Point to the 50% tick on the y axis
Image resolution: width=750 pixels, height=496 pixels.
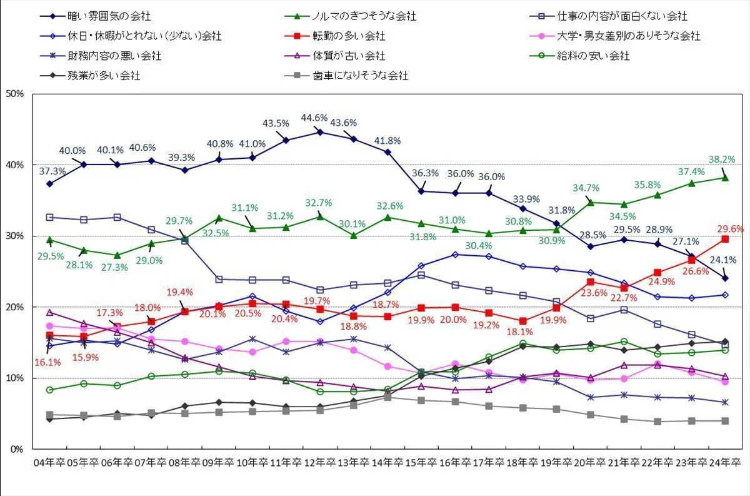coord(14,94)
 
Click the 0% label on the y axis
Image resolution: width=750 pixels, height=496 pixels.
coord(17,449)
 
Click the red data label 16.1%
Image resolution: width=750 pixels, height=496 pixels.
coord(48,361)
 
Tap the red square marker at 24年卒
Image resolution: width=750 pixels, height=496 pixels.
coord(725,239)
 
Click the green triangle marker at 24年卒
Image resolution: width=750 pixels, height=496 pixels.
coord(725,177)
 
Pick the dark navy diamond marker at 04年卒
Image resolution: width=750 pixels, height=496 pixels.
coord(49,184)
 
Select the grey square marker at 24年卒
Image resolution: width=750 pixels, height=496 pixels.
coord(725,421)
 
